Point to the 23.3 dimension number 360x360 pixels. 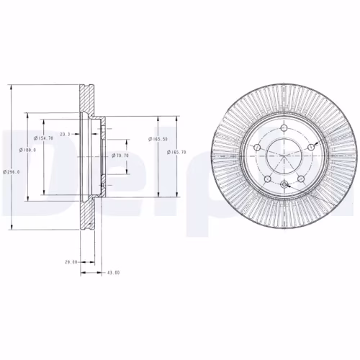tap(65, 134)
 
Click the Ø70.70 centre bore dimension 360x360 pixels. tap(120, 155)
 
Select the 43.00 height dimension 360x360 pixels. tap(113, 273)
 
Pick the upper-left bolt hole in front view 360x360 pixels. tap(257, 147)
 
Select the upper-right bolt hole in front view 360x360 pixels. tap(310, 147)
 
